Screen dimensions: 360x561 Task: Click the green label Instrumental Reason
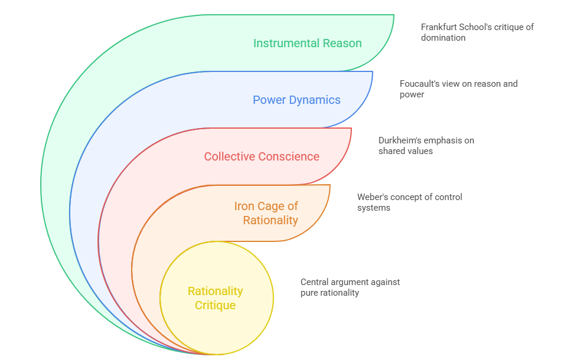(307, 43)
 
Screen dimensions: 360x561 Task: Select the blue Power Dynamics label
(296, 100)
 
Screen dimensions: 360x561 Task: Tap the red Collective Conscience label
(262, 156)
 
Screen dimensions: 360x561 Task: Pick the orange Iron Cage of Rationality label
(266, 213)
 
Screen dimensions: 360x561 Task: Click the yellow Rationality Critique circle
(216, 298)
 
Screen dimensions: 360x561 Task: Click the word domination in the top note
(443, 38)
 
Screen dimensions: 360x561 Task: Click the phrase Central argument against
(350, 282)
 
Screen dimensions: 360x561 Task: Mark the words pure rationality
(330, 293)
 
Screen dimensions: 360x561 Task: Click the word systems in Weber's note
(374, 208)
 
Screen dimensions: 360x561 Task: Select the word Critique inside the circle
(216, 306)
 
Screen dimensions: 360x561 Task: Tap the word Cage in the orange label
(271, 206)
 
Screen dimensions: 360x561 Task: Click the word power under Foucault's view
(412, 94)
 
